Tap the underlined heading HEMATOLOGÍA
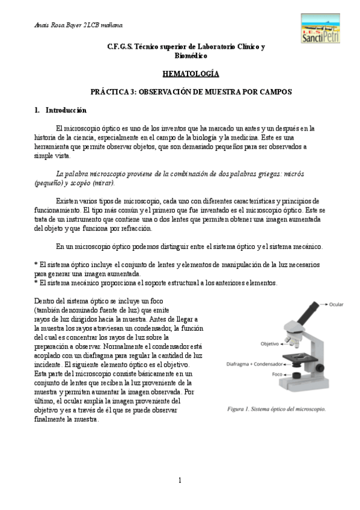click(x=190, y=74)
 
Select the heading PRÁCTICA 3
click(x=191, y=93)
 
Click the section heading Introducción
click(x=66, y=111)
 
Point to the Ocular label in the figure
click(x=336, y=304)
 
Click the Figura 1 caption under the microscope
click(x=276, y=410)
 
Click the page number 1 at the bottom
click(x=179, y=481)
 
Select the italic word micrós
click(x=291, y=173)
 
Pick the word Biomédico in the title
click(x=191, y=55)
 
